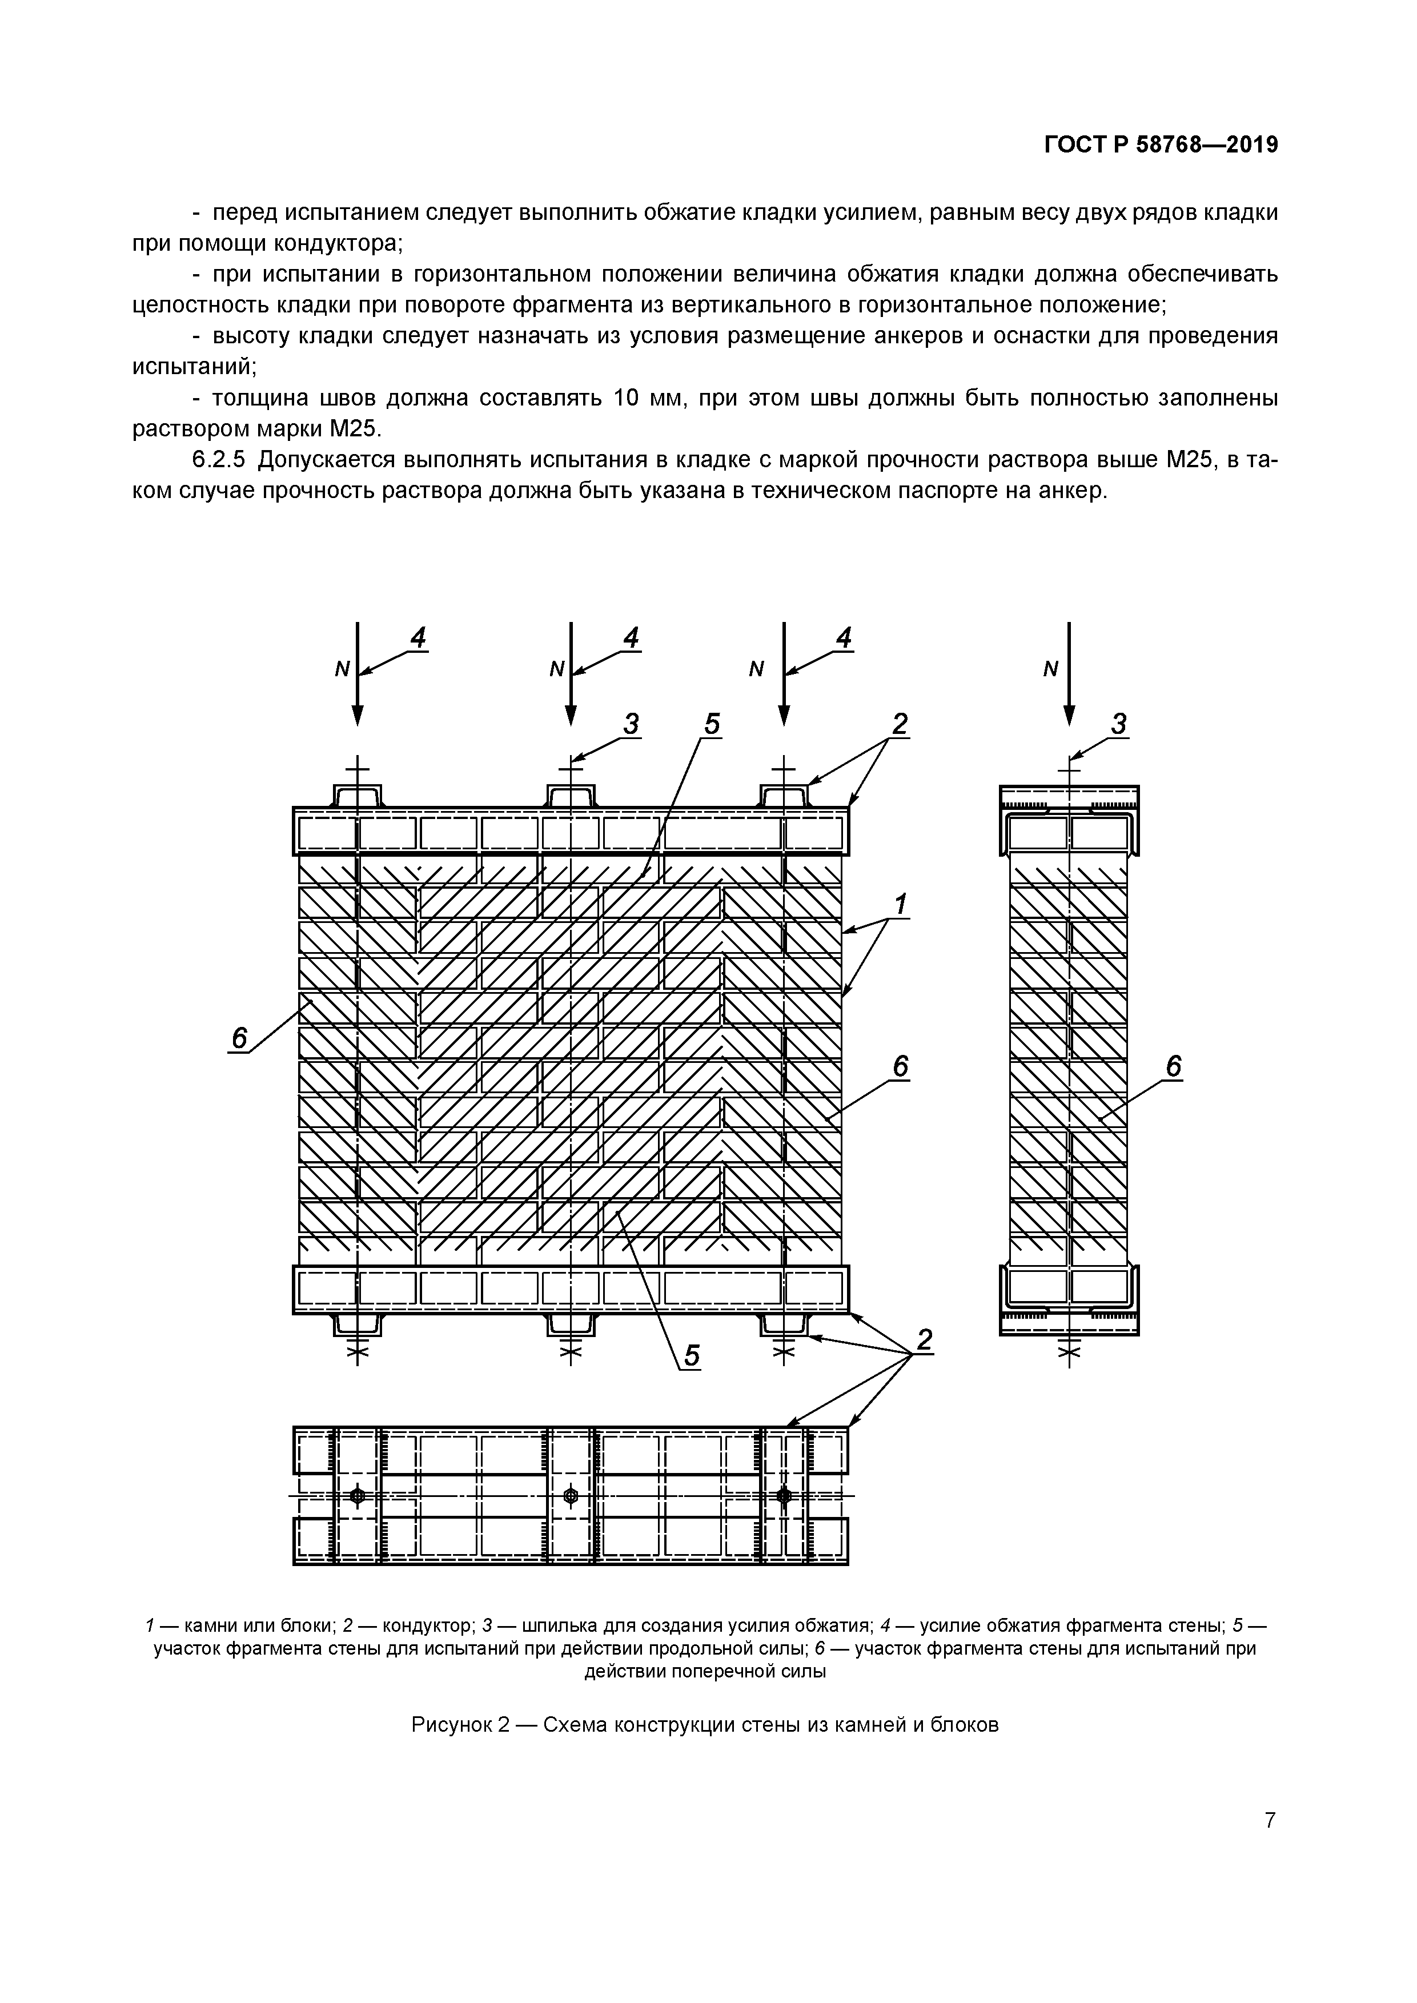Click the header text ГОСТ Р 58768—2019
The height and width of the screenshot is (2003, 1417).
(x=1161, y=145)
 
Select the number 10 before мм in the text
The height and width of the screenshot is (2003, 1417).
(x=627, y=398)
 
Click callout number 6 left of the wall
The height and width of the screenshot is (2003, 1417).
(x=239, y=1038)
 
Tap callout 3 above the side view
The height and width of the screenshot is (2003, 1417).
(x=1119, y=723)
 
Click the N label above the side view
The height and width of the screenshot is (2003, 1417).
(x=1050, y=669)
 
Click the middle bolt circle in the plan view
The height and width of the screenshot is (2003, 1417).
(x=572, y=1496)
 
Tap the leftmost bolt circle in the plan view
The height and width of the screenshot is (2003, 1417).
(x=357, y=1496)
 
